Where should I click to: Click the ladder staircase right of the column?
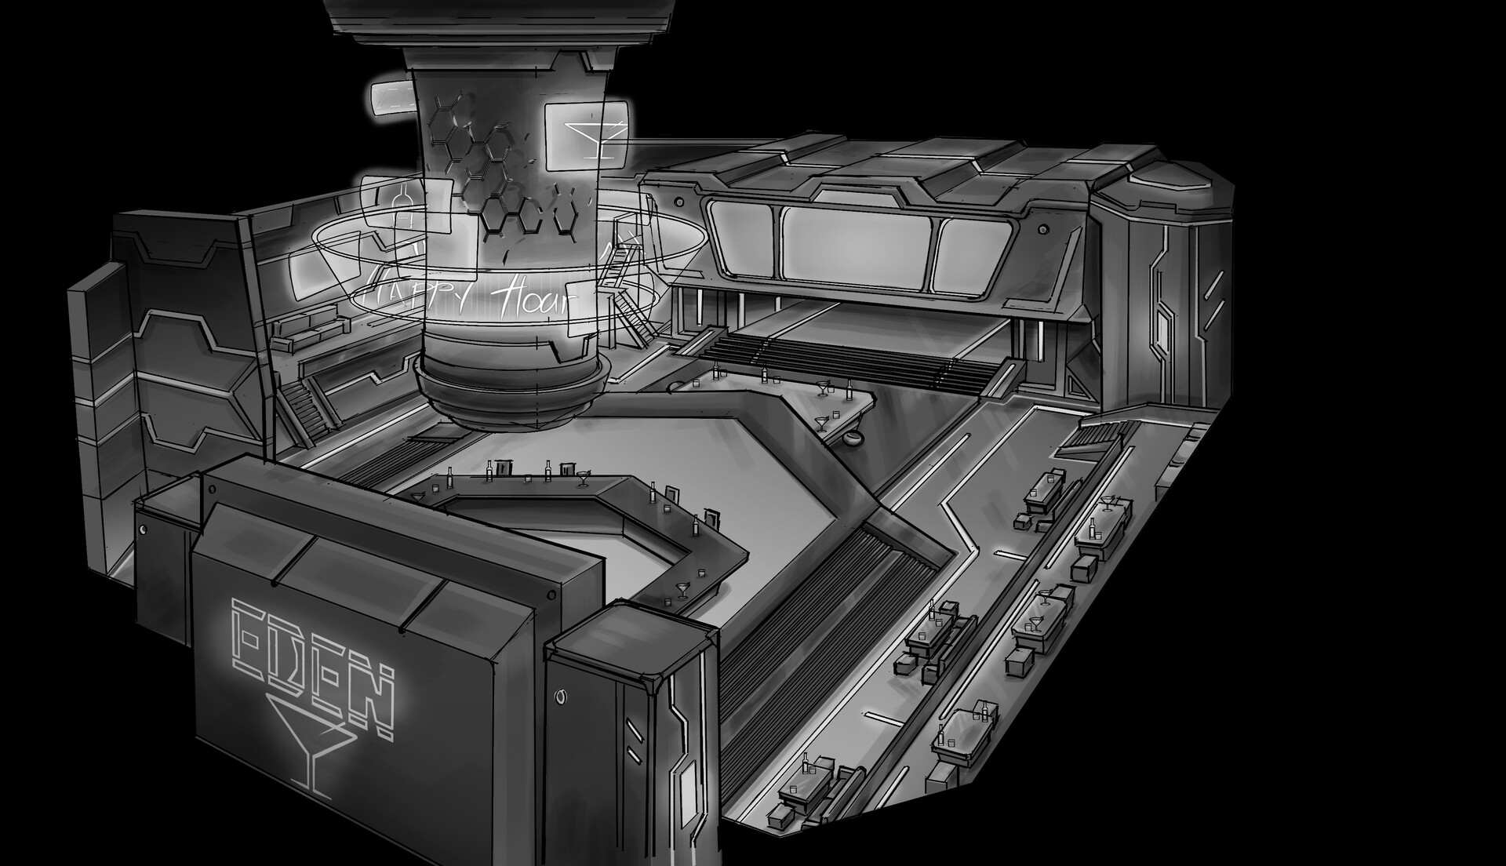(x=627, y=298)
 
